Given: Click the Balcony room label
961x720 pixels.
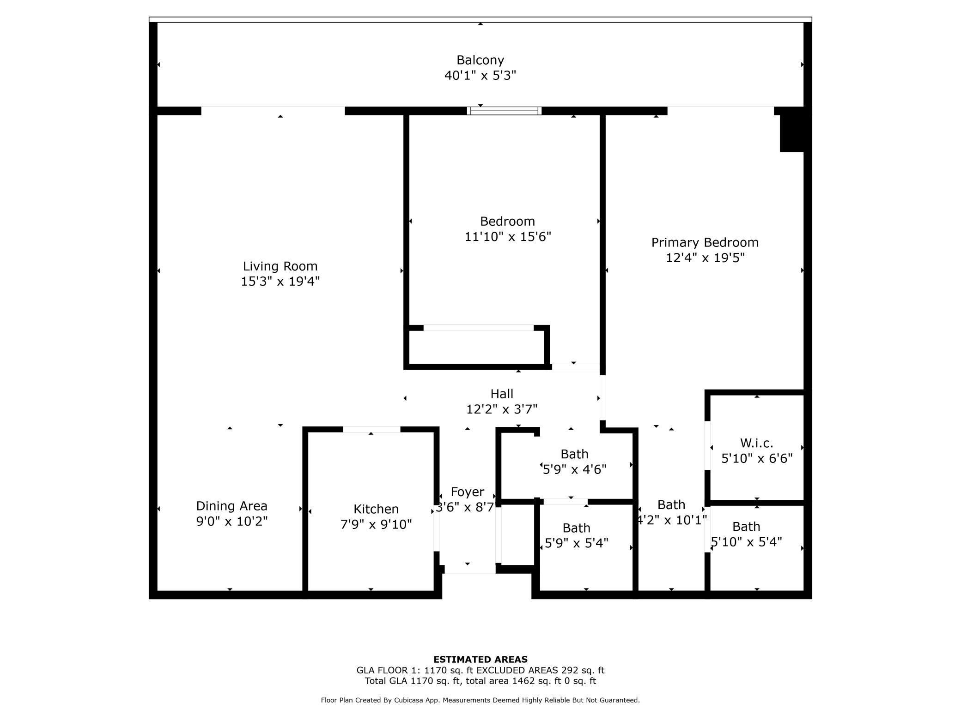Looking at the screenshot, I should tap(480, 60).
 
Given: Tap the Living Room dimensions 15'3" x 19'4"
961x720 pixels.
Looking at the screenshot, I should tap(280, 281).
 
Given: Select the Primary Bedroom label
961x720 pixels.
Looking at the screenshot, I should tap(705, 242).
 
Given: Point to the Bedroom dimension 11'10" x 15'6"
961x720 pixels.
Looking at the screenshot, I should tap(507, 237).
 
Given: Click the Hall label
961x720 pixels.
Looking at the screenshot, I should tap(502, 394).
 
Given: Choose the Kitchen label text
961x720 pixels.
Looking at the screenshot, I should tap(376, 509).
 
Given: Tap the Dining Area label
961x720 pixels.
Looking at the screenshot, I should tap(231, 506).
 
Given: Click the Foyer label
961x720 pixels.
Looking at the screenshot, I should tap(467, 492).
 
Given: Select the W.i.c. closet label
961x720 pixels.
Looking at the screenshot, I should tap(756, 443).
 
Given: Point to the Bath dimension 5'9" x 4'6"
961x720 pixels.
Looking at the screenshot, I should tap(574, 469).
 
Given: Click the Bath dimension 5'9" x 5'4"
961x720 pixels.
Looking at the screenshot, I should tap(576, 543).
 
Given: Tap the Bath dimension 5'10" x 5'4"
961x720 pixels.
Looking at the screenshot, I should tap(746, 542).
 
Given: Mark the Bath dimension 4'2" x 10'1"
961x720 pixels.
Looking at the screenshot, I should tap(671, 520).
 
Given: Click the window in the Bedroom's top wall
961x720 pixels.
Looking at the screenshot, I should tap(504, 111).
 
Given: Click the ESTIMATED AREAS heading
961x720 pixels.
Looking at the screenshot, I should tap(480, 660).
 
